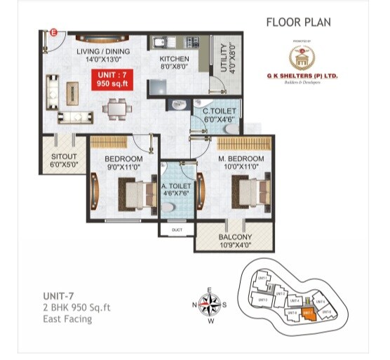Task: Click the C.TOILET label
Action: tap(219, 111)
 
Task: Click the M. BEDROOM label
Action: tap(242, 159)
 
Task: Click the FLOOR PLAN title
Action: tap(298, 22)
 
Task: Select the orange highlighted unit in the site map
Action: tap(307, 313)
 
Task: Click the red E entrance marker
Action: tap(54, 32)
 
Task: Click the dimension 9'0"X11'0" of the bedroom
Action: tap(123, 168)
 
